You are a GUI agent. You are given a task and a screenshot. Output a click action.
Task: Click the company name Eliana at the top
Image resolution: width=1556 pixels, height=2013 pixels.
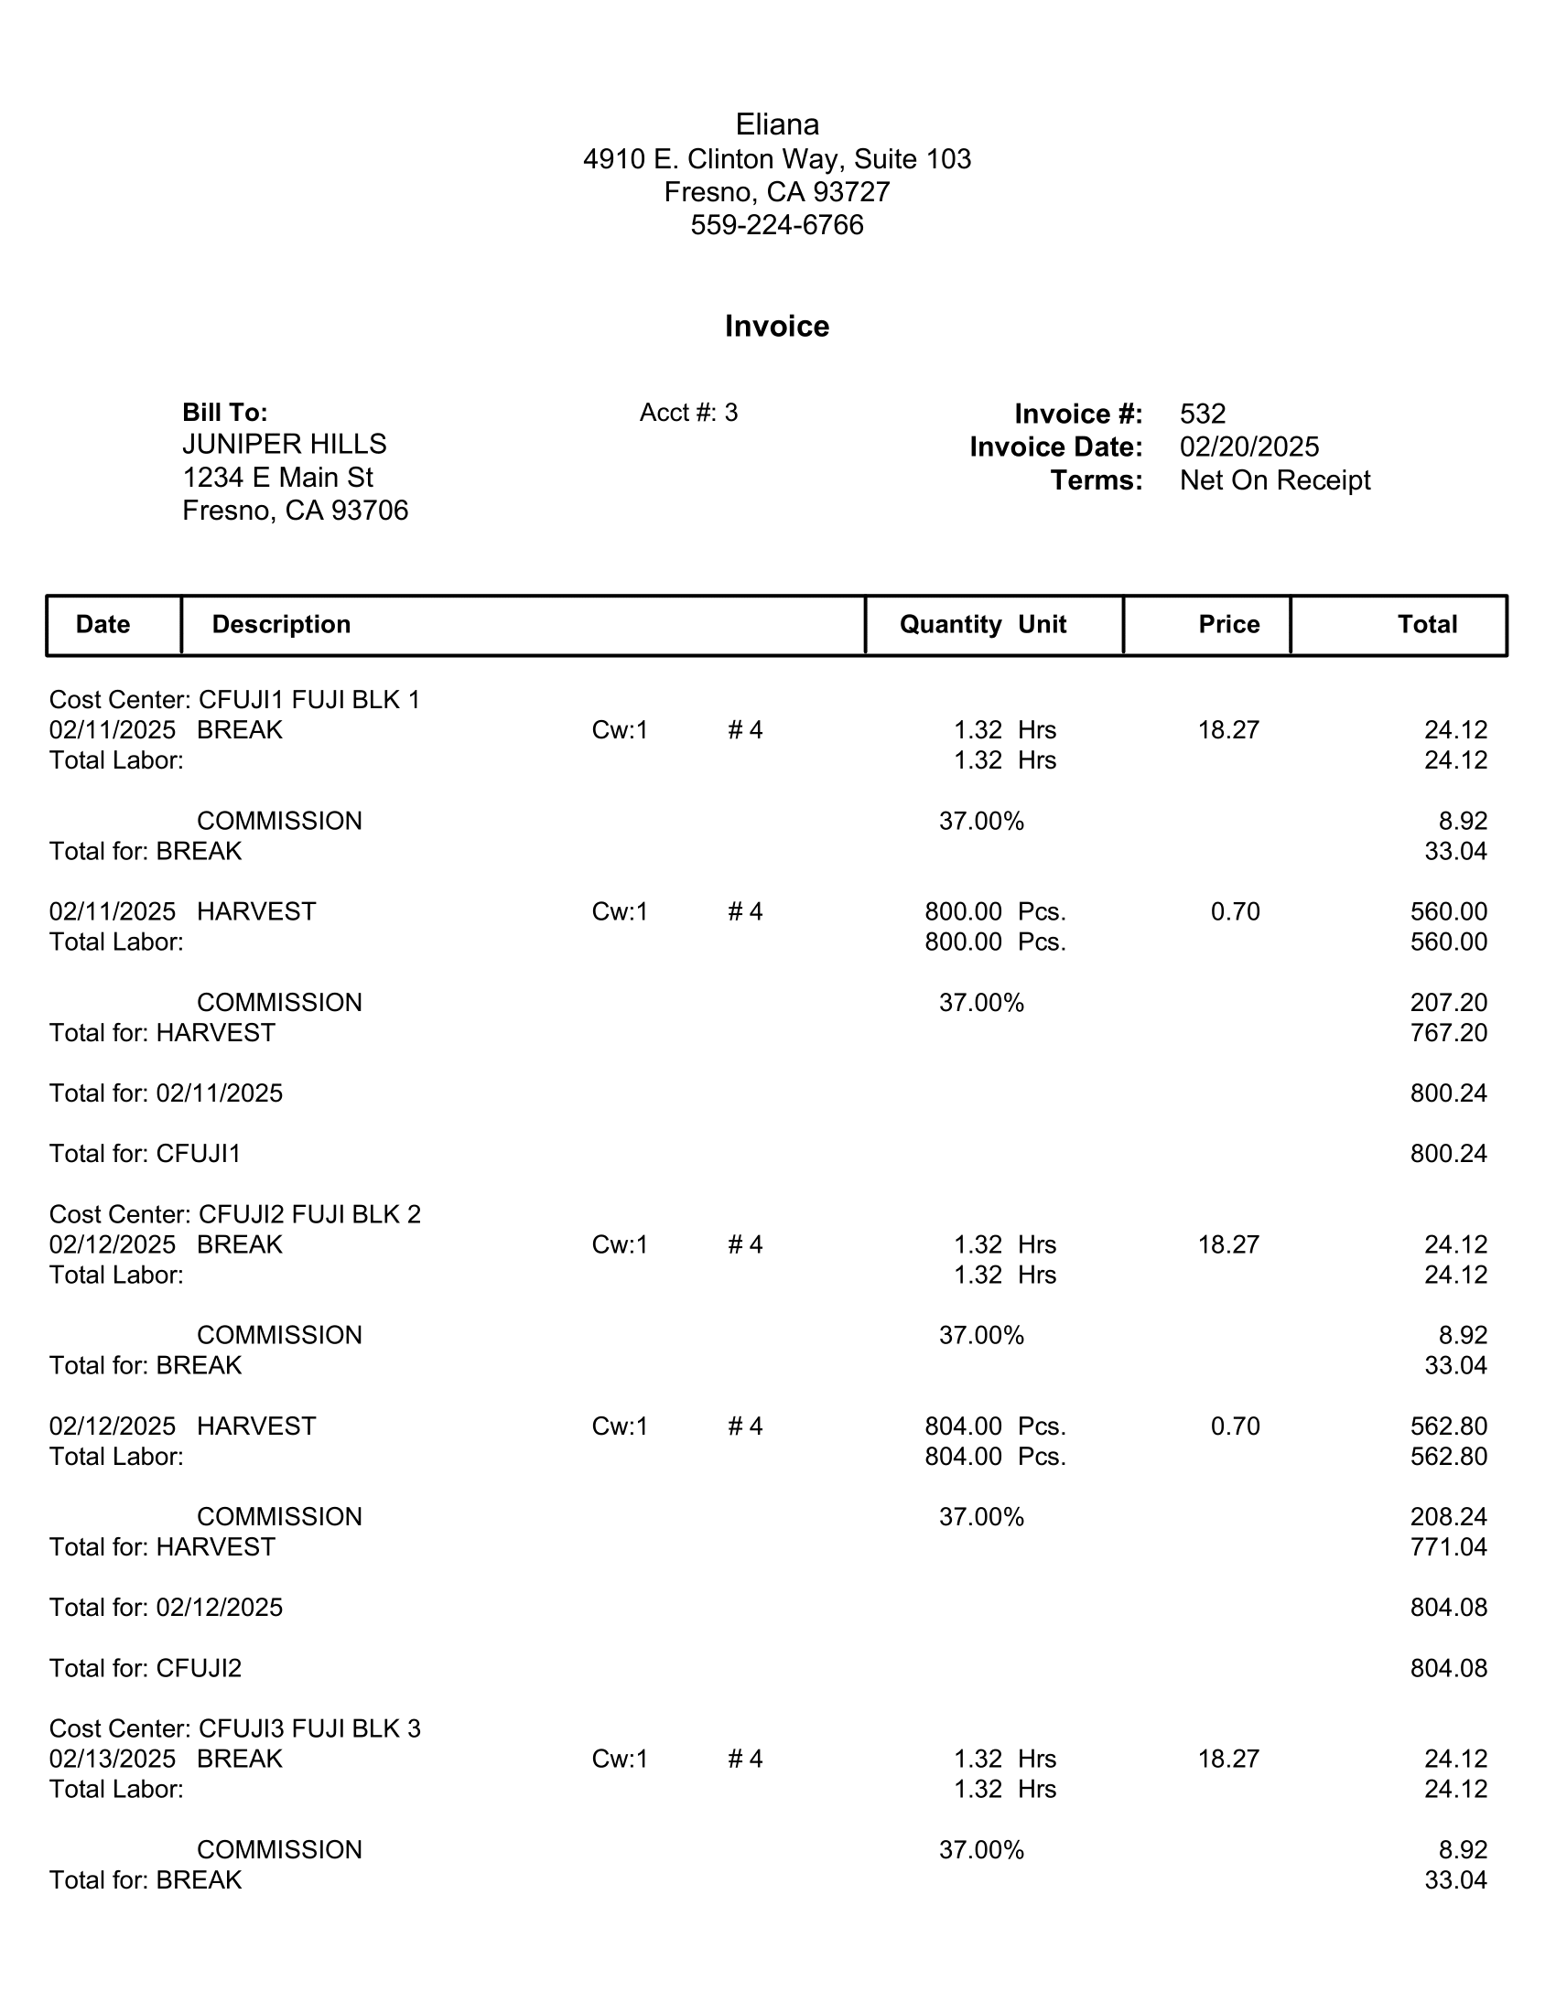777,124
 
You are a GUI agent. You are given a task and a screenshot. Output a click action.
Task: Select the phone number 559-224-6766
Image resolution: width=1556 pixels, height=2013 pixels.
777,225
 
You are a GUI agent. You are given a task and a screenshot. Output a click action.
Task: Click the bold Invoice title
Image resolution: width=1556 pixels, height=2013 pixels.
777,327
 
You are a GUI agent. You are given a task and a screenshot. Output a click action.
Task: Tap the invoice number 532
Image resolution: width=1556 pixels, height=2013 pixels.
1202,414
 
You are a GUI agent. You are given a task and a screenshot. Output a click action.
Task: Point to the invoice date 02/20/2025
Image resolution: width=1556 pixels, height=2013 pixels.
1249,447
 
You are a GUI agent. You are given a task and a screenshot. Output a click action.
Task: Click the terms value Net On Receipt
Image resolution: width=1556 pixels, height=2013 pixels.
1275,480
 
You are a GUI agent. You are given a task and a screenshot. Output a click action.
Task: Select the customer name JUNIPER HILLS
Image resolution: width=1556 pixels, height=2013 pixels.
284,445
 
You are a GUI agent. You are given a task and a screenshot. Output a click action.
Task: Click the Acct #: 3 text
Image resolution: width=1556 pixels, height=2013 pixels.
688,413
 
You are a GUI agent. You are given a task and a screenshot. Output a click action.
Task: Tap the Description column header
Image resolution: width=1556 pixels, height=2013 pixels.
281,625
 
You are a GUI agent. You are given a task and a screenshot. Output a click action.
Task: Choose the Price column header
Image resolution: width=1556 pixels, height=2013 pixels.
1228,625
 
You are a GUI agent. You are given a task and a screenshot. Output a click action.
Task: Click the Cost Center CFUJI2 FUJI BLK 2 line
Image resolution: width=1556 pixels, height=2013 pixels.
235,1214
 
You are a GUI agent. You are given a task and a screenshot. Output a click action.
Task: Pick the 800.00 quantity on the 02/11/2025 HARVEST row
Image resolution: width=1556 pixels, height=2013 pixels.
963,911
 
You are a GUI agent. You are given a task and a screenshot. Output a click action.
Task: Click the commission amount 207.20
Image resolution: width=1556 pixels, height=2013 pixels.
1448,1002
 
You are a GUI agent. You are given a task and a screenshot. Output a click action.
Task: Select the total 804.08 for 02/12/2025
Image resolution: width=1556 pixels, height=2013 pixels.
1448,1608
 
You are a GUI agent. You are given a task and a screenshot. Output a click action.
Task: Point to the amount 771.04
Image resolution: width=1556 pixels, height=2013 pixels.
1448,1546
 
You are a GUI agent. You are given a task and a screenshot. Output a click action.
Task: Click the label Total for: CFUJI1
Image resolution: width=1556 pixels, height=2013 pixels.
145,1154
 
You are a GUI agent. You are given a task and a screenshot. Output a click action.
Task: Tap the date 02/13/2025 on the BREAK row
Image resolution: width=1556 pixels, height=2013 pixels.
113,1759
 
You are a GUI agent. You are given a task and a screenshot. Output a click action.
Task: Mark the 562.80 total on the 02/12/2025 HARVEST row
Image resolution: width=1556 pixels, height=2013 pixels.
1448,1426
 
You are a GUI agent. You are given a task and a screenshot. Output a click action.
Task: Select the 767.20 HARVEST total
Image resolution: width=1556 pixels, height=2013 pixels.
1448,1032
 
